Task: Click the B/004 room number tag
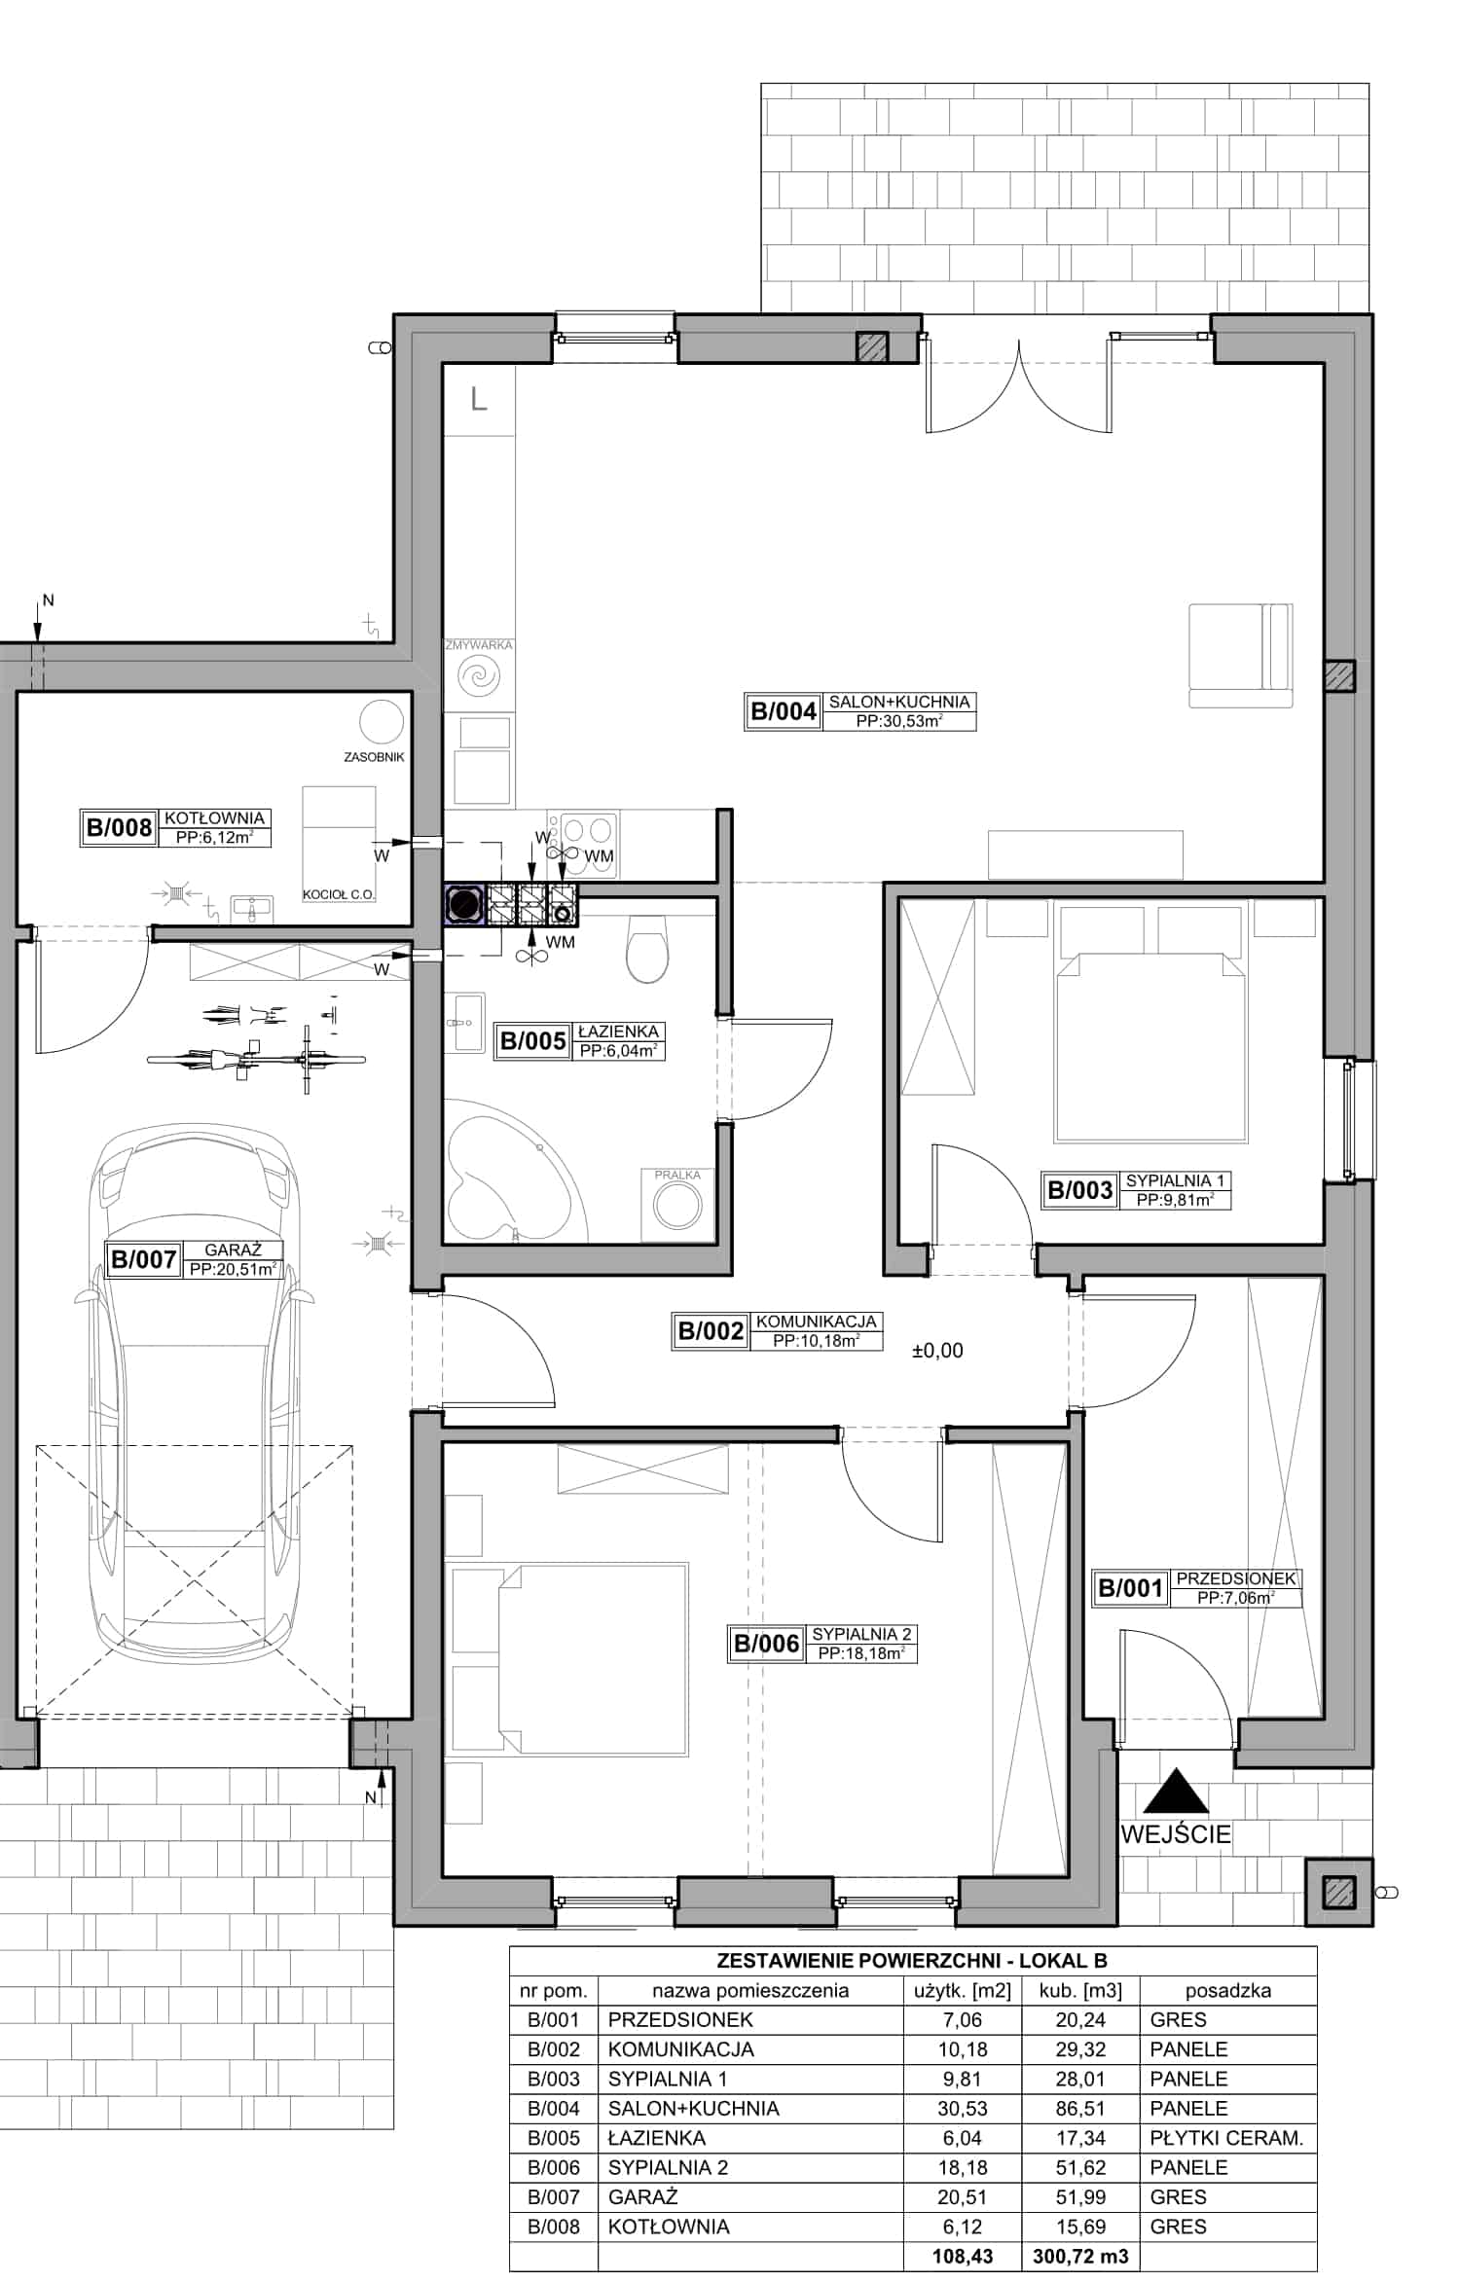pos(860,711)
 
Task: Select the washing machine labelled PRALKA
pos(677,1205)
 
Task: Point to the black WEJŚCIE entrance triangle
pos(1176,1792)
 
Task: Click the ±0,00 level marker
pos(937,1351)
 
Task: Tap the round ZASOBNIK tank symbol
pos(382,722)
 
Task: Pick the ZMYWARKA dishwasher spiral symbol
pos(479,676)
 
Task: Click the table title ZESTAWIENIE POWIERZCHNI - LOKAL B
pos(912,1961)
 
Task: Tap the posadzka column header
pos(1227,1991)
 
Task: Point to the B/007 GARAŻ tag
pos(194,1259)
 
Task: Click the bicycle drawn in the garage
pos(257,1059)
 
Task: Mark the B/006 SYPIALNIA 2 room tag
pos(822,1644)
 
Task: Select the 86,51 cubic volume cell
pos(1080,2109)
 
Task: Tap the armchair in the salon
pos(1240,655)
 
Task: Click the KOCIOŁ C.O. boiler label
pos(339,894)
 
